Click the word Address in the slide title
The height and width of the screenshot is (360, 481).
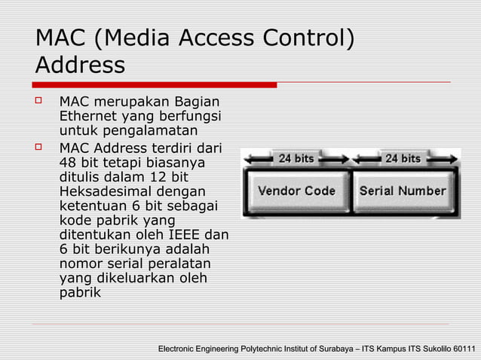(80, 66)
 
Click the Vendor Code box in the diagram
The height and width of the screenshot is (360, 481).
(296, 191)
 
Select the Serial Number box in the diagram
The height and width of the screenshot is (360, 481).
(403, 191)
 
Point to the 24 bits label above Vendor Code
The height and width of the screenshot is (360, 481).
(296, 158)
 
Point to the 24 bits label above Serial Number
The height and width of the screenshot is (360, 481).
(403, 158)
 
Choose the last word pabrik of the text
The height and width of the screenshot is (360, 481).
(80, 293)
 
